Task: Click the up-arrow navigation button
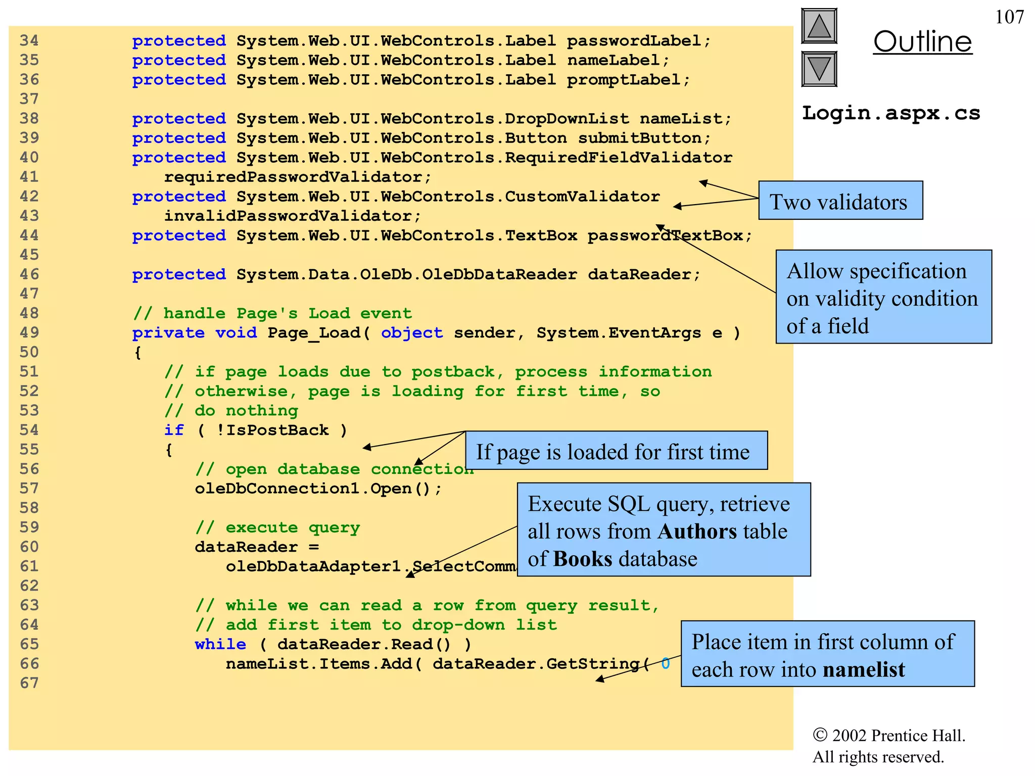pyautogui.click(x=819, y=26)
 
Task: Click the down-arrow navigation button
pyautogui.click(x=819, y=69)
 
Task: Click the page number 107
pyautogui.click(x=1009, y=17)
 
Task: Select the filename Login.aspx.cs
pyautogui.click(x=891, y=113)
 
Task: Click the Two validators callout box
pyautogui.click(x=840, y=201)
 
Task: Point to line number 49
pyautogui.click(x=29, y=332)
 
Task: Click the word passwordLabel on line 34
pyautogui.click(x=633, y=40)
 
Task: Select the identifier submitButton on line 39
pyautogui.click(x=639, y=138)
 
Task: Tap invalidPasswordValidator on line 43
pyautogui.click(x=287, y=216)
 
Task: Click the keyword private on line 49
pyautogui.click(x=168, y=332)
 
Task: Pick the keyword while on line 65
pyautogui.click(x=220, y=644)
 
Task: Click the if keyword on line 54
pyautogui.click(x=174, y=430)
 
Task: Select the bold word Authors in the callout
pyautogui.click(x=697, y=531)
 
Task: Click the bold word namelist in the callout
pyautogui.click(x=864, y=669)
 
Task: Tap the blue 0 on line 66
pyautogui.click(x=666, y=663)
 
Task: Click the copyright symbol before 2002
pyautogui.click(x=820, y=735)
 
